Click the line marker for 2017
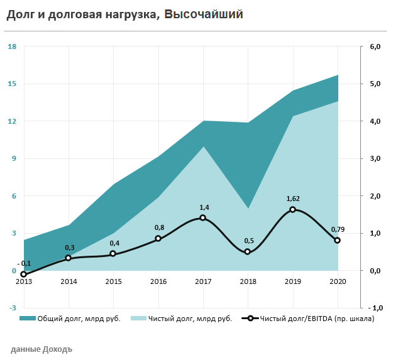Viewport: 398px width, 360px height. (202, 218)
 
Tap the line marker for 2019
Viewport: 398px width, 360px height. (292, 210)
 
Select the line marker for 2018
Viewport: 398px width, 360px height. (247, 252)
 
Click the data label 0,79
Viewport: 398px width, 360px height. (337, 229)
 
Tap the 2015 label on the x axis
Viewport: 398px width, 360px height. (113, 281)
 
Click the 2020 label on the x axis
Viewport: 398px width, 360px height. (337, 281)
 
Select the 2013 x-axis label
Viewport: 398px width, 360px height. (24, 281)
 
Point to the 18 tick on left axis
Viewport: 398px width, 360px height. (12, 46)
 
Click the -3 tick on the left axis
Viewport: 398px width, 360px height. (12, 308)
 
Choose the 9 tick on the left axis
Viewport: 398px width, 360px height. (13, 158)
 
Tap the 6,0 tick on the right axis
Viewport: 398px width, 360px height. (375, 46)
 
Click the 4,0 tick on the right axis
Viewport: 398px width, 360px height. (375, 121)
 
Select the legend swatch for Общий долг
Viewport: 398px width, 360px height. (28, 319)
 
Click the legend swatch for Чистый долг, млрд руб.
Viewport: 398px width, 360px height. (138, 319)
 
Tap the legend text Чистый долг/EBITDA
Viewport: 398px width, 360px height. (318, 319)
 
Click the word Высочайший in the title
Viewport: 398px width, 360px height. (203, 14)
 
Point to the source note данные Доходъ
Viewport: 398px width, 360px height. (41, 349)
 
